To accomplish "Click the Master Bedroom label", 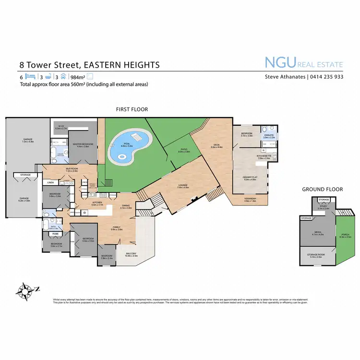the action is click(x=83, y=144).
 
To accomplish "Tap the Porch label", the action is click(x=345, y=235).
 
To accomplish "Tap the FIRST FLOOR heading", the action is click(x=131, y=109).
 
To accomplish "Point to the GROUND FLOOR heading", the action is click(x=322, y=189).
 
